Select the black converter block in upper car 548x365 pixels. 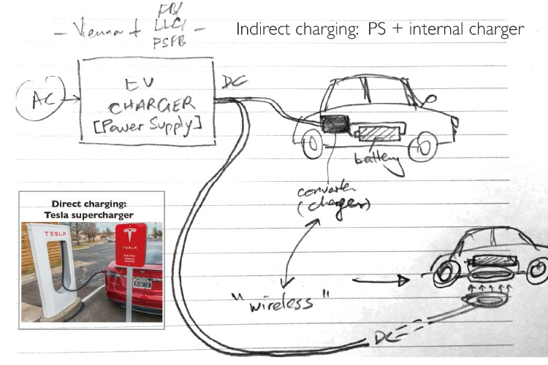pos(335,123)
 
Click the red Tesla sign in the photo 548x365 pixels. pos(131,244)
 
